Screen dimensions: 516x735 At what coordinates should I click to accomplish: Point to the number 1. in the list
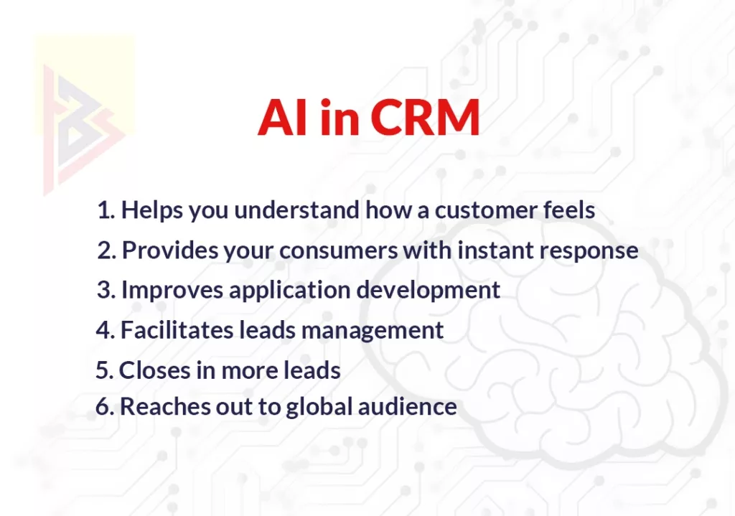(106, 210)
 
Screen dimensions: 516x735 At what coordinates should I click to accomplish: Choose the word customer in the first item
(483, 210)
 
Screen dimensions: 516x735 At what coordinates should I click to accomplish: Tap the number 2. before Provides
(107, 250)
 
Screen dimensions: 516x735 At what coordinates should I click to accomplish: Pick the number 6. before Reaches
(105, 406)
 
